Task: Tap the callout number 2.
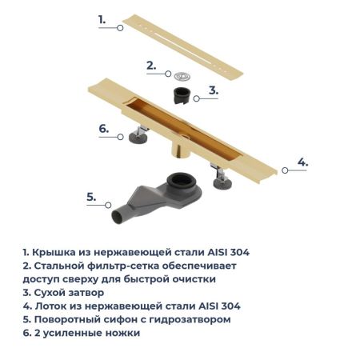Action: click(150, 66)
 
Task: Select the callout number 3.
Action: click(213, 90)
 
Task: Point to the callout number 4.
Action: click(302, 162)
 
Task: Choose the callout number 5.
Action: click(91, 195)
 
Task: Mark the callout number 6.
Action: click(103, 127)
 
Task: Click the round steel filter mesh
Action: click(182, 77)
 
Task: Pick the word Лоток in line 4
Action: click(50, 306)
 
